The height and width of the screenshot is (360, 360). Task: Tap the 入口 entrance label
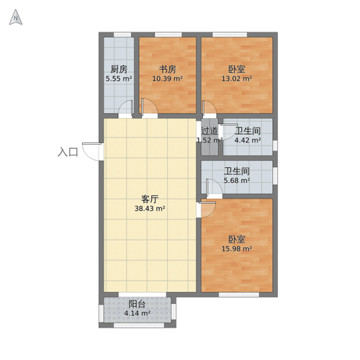point(68,152)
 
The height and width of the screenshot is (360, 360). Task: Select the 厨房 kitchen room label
point(118,69)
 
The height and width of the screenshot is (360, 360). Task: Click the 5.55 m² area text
point(118,78)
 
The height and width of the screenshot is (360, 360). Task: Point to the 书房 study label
point(168,69)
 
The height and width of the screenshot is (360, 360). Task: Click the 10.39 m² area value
point(168,78)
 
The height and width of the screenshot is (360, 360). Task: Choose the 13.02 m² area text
point(237,78)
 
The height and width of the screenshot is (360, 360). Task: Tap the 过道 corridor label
point(209,131)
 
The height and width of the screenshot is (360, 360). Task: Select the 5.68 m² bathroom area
point(236,181)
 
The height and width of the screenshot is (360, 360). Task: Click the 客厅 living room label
point(150,199)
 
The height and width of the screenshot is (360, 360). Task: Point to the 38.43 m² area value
point(150,209)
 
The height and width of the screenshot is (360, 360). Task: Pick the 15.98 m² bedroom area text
point(237,249)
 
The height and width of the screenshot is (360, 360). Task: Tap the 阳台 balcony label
point(137,304)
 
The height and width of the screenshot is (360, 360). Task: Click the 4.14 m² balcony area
point(137,313)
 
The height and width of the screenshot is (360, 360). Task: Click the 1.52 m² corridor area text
point(209,140)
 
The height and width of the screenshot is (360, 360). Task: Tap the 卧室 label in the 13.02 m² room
point(237,69)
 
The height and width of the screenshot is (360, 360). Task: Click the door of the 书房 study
point(150,109)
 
